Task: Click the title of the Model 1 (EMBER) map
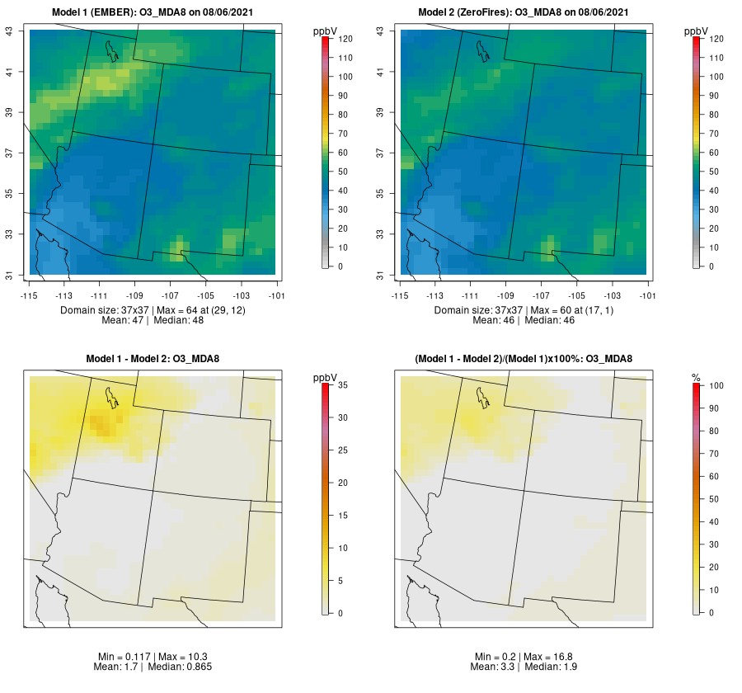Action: point(153,12)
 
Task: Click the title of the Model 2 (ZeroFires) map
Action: point(524,12)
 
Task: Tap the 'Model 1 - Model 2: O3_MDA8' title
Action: point(153,358)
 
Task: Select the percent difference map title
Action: point(524,358)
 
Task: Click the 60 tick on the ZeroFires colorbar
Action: point(714,153)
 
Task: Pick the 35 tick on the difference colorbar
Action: point(343,384)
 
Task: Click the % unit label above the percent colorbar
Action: point(696,377)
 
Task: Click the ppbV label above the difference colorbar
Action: point(326,377)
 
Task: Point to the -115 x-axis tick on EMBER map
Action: point(28,295)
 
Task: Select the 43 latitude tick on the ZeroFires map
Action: point(379,31)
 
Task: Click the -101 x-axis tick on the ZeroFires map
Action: point(647,295)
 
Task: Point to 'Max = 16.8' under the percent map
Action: point(547,656)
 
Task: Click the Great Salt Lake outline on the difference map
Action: point(110,395)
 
